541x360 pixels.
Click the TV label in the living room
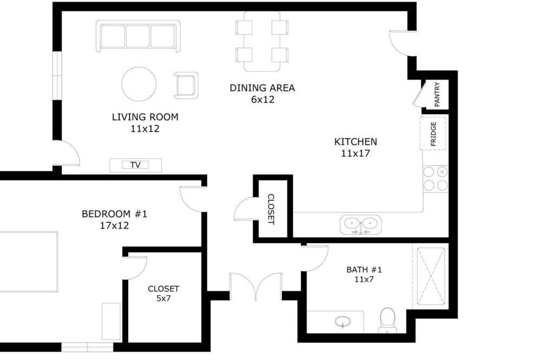coord(135,165)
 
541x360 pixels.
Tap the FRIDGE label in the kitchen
coord(433,134)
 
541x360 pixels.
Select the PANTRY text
coord(437,94)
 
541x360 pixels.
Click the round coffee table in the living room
coord(138,84)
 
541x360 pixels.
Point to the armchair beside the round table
coord(186,85)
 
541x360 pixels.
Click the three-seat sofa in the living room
coord(138,36)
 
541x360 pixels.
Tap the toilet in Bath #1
coord(387,321)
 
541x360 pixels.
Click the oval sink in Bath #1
coord(342,322)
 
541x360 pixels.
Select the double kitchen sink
coord(361,225)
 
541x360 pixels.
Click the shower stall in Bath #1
coord(431,276)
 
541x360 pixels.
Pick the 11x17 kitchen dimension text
coord(355,154)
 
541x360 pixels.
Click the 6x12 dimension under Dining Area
coord(262,99)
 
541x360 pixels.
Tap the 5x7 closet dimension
coord(163,298)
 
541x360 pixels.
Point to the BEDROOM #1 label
coord(115,214)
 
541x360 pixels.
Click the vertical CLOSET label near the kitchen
coord(271,209)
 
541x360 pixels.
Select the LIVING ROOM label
coord(145,117)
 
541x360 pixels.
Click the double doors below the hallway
coord(256,285)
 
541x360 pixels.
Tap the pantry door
coord(418,94)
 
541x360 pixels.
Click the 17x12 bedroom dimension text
coord(115,226)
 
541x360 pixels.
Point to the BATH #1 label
coord(364,270)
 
